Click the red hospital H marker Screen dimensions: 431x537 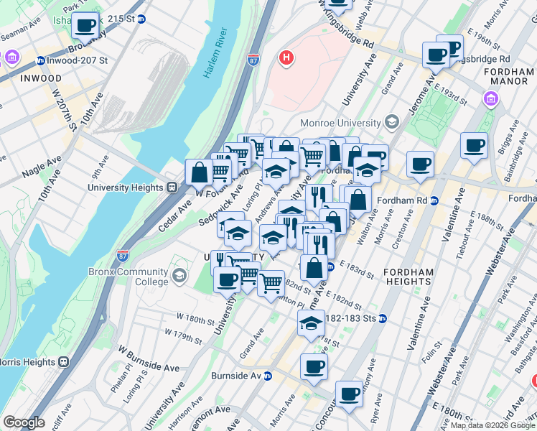coord(286,57)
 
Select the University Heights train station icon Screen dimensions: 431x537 coord(172,187)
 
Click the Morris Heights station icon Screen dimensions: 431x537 coord(62,361)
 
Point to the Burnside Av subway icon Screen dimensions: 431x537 coord(268,376)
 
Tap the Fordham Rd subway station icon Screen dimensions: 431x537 coord(434,200)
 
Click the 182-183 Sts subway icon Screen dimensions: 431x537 coord(383,318)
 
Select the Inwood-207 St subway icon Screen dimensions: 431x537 coord(40,60)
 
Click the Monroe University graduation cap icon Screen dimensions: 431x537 coord(391,122)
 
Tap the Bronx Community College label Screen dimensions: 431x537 coord(129,277)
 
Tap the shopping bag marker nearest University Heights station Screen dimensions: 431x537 coord(199,172)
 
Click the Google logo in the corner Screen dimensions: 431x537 coord(24,422)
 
